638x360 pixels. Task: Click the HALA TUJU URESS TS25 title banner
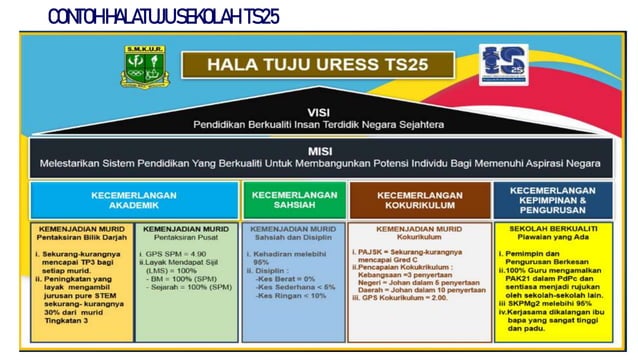click(319, 65)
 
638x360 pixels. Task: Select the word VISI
click(319, 112)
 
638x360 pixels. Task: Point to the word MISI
click(319, 148)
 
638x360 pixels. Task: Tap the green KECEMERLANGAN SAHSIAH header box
click(289, 199)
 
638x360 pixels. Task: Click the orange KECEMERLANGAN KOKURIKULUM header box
click(419, 199)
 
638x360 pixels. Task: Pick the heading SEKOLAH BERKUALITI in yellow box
click(550, 229)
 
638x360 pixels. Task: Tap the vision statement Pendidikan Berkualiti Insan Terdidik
click(319, 124)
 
